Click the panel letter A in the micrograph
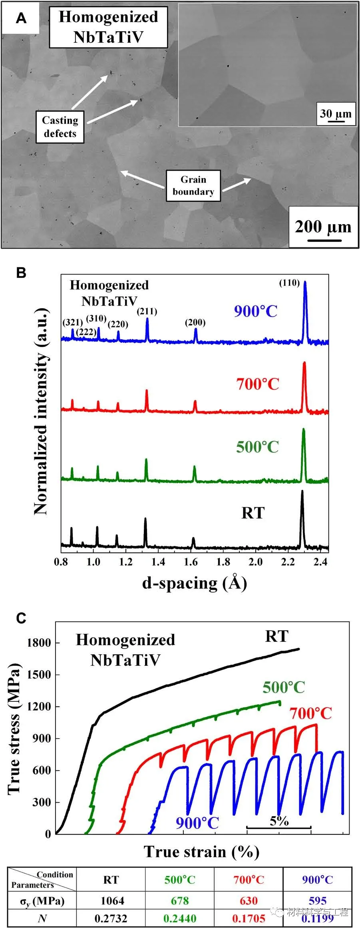pyautogui.click(x=21, y=18)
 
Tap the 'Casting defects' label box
pyautogui.click(x=60, y=127)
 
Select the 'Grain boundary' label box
pyautogui.click(x=193, y=185)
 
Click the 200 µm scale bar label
pyautogui.click(x=323, y=227)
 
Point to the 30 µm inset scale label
pyautogui.click(x=336, y=114)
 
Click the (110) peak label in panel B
pyautogui.click(x=289, y=283)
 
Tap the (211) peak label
pyautogui.click(x=147, y=311)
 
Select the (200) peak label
pyautogui.click(x=195, y=323)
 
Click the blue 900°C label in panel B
pyautogui.click(x=256, y=311)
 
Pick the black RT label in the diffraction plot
pyautogui.click(x=253, y=513)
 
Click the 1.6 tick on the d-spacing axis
pyautogui.click(x=191, y=562)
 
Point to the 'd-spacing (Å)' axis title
pyautogui.click(x=195, y=583)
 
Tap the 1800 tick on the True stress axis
pyautogui.click(x=39, y=643)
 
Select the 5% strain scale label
pyautogui.click(x=279, y=820)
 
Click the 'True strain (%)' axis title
pyautogui.click(x=202, y=851)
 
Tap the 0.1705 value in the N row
pyautogui.click(x=249, y=918)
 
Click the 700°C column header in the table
pyautogui.click(x=249, y=880)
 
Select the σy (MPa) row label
pyautogui.click(x=42, y=901)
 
